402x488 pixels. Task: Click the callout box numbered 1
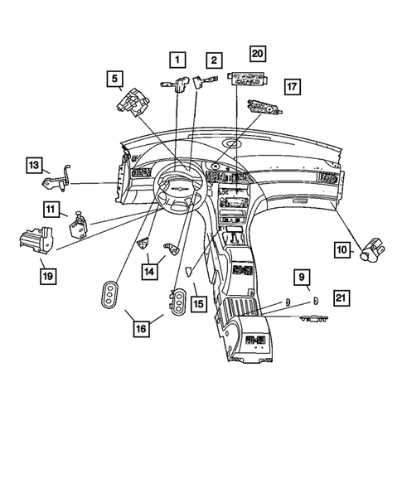point(177,60)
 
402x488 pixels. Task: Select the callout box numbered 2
point(214,60)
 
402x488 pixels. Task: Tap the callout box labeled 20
point(258,54)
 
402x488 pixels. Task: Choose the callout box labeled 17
point(291,87)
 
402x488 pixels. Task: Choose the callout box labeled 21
point(341,297)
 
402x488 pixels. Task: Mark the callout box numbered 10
point(343,249)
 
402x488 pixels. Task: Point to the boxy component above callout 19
point(33,239)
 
